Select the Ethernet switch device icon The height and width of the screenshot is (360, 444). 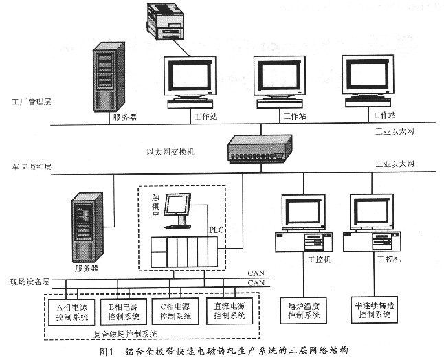click(261, 148)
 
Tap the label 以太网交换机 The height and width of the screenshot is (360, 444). click(170, 152)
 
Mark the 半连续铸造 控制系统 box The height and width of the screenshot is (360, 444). click(373, 309)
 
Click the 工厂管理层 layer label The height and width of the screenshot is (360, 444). click(31, 102)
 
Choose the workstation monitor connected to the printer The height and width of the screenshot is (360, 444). click(190, 81)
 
